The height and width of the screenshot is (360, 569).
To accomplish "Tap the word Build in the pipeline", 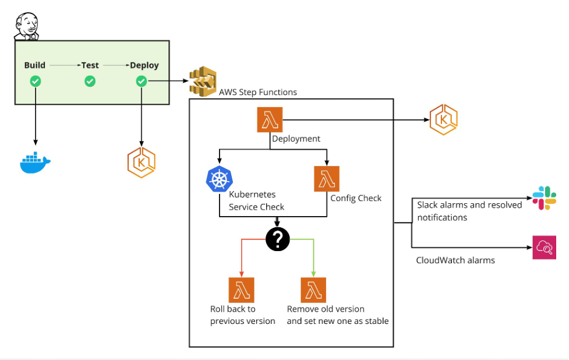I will click(x=35, y=65).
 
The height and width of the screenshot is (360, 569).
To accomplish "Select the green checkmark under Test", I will click(x=90, y=82).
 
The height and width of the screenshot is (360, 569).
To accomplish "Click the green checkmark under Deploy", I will click(x=141, y=82).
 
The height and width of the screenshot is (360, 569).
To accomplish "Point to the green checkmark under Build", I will click(x=36, y=82).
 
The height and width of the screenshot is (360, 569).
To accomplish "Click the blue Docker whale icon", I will click(x=36, y=163).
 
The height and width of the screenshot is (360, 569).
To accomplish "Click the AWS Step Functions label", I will click(x=258, y=92).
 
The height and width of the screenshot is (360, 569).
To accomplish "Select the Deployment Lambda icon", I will click(x=269, y=121).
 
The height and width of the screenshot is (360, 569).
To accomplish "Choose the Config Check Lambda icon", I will click(x=327, y=179).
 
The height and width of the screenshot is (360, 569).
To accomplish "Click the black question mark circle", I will click(x=278, y=238).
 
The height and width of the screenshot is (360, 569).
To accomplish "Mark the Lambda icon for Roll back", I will click(x=241, y=290).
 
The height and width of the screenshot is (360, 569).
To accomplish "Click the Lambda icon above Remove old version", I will click(x=313, y=290).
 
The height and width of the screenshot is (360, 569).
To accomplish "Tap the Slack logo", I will click(x=545, y=199).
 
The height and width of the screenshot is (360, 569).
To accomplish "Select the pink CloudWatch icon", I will click(x=545, y=248).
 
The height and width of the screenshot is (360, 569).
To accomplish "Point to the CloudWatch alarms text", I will click(x=455, y=260).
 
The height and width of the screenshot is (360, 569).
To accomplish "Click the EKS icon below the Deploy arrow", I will click(x=141, y=163).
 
